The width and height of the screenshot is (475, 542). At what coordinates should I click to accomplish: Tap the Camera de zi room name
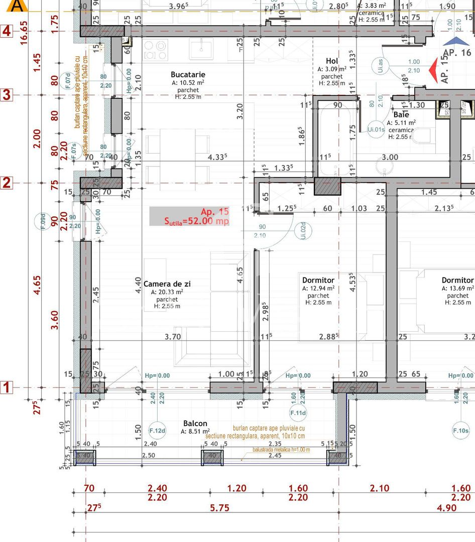pos(167,284)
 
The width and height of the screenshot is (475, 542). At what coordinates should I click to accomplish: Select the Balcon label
pos(195,424)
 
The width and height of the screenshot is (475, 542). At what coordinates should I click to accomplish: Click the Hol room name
pos(332,61)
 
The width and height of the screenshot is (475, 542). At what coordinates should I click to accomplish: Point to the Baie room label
pos(401,115)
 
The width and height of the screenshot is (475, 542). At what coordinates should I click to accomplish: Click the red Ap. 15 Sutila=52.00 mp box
pos(189,216)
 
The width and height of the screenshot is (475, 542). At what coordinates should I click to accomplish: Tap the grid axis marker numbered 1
pos(6,387)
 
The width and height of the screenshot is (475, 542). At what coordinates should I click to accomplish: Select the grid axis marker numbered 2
pos(6,183)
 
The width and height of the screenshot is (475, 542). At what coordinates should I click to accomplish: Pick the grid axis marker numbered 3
pos(6,95)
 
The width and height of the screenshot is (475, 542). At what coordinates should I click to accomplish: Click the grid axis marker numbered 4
pos(6,31)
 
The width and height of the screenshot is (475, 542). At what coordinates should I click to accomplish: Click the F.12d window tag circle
pos(157,430)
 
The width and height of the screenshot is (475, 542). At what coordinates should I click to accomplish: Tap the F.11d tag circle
pos(298,413)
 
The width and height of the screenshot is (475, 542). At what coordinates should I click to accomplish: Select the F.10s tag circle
pos(460,431)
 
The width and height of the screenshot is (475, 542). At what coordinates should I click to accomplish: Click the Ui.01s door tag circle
pos(376,129)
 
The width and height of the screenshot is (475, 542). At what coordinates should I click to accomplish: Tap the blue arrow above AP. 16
pos(456,41)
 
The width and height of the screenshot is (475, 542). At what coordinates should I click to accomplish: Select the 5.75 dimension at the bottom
pos(219,508)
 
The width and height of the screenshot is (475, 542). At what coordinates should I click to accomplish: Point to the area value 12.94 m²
pos(318,289)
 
